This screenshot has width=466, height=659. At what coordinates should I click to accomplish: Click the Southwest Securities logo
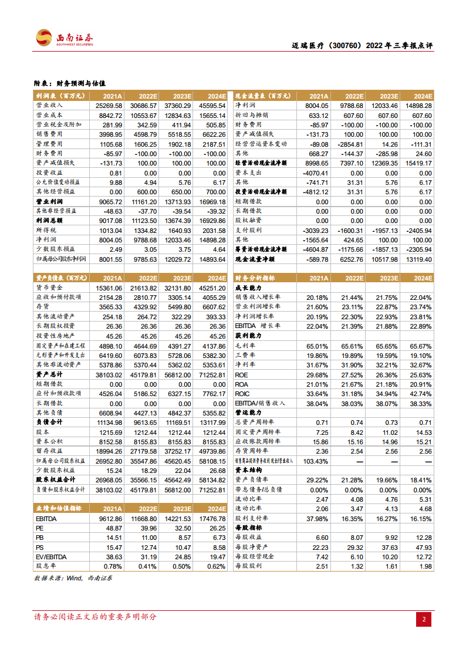[x=64, y=38]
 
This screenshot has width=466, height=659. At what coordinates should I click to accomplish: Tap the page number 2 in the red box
[x=424, y=619]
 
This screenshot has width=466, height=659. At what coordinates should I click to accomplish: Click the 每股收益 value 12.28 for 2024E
[x=421, y=537]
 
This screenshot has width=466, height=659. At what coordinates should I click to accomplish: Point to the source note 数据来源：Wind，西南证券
[x=73, y=578]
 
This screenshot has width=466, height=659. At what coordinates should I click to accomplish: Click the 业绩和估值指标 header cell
[x=59, y=509]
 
